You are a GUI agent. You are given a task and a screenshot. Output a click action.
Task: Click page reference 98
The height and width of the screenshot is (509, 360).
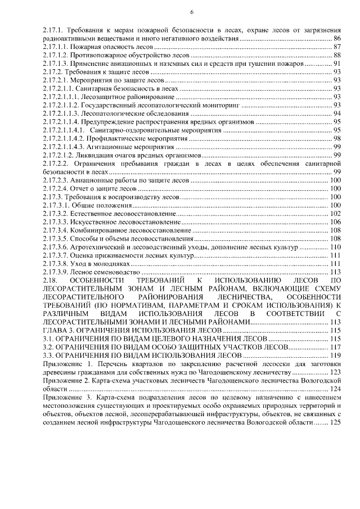click(x=337, y=138)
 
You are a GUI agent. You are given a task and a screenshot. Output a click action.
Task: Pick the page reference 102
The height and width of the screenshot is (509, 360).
click(x=336, y=214)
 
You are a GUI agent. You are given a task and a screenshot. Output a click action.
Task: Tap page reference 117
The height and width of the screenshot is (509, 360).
click(x=336, y=347)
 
